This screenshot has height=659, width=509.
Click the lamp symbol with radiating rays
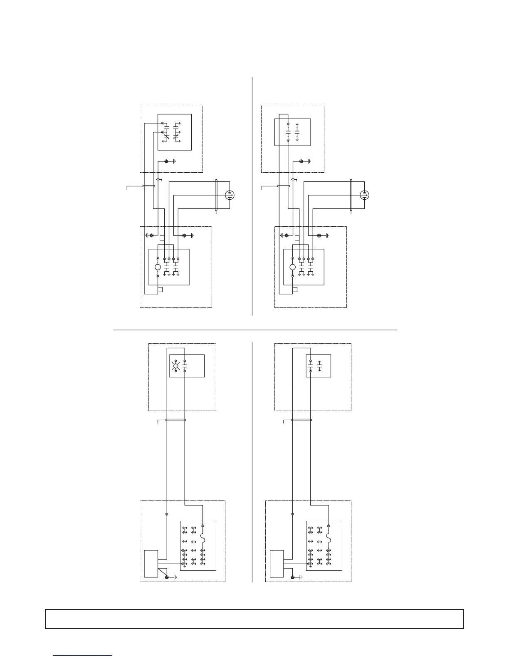click(x=175, y=366)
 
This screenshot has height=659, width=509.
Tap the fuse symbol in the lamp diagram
click(x=203, y=538)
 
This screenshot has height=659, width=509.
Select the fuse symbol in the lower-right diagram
click(x=329, y=538)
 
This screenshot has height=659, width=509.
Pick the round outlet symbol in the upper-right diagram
click(x=364, y=195)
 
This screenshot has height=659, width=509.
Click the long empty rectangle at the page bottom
click(x=254, y=619)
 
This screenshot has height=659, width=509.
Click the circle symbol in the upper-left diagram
click(x=158, y=267)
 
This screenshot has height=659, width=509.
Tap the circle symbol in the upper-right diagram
click(x=292, y=267)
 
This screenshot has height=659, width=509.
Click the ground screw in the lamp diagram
click(x=167, y=577)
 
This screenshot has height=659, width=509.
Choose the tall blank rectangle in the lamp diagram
click(x=151, y=564)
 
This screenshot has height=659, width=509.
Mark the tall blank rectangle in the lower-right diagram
click(x=277, y=564)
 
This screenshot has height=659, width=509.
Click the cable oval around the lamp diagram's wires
click(x=175, y=420)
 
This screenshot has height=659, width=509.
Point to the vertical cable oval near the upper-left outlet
click(x=216, y=196)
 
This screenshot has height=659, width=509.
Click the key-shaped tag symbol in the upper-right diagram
click(x=294, y=180)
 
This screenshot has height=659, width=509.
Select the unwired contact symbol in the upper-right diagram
click(x=297, y=132)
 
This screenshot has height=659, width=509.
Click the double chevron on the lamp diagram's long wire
click(x=166, y=514)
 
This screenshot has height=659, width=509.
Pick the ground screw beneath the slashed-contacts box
click(x=167, y=161)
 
